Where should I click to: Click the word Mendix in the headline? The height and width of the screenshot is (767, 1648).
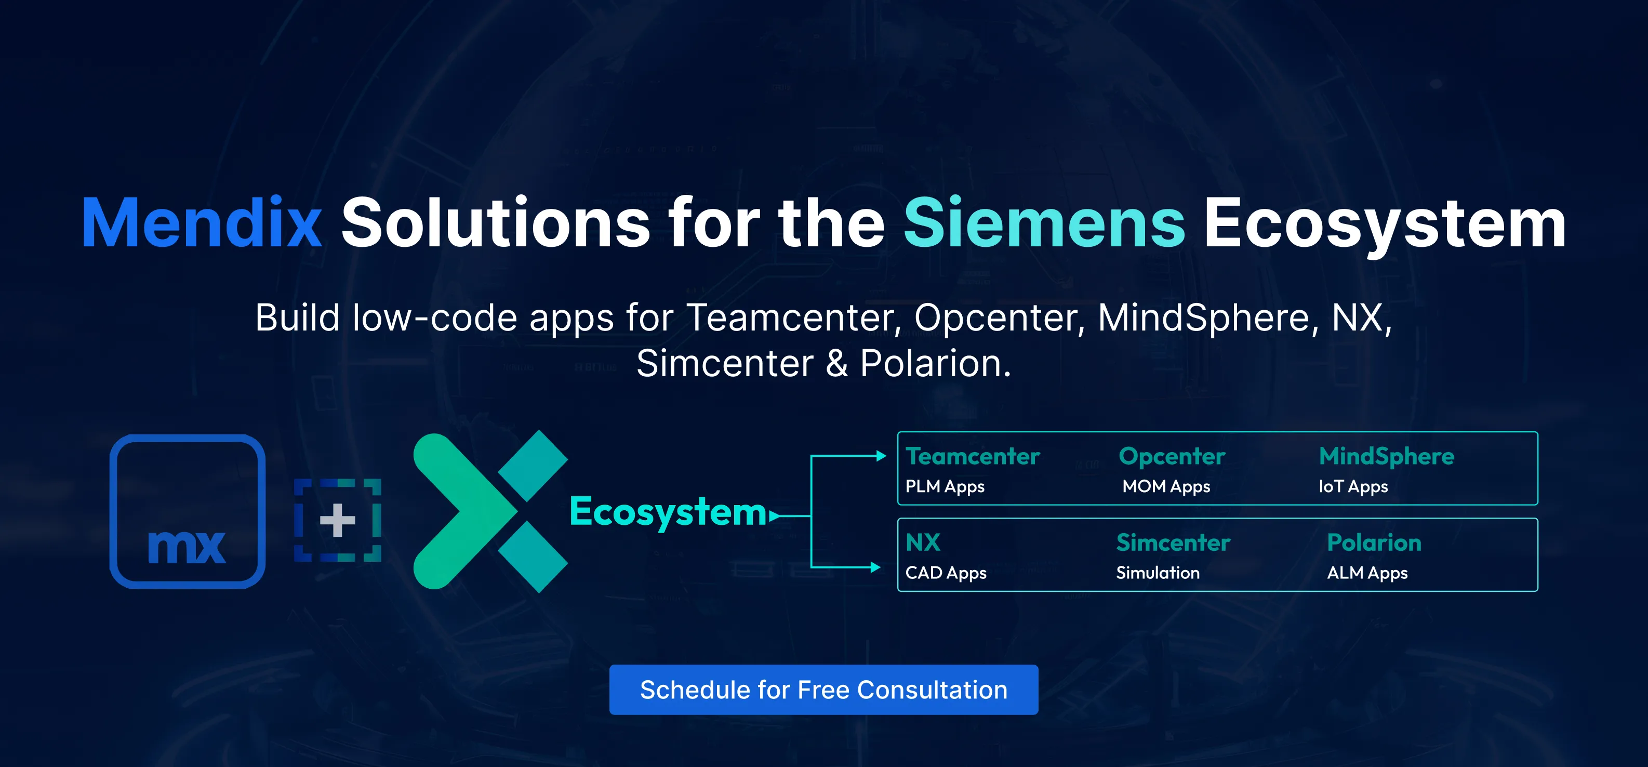[202, 223]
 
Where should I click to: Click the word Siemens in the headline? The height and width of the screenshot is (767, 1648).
[1044, 223]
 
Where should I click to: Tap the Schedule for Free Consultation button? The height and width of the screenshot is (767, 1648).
[823, 690]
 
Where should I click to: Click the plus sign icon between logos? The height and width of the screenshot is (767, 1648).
[338, 520]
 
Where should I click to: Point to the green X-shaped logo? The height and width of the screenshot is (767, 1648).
[490, 511]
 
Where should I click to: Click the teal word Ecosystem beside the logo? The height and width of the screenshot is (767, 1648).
[668, 513]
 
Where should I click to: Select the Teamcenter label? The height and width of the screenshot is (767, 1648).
[973, 456]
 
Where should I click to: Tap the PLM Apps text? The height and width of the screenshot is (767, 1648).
[945, 487]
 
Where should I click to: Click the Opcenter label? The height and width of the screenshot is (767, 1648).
[1172, 457]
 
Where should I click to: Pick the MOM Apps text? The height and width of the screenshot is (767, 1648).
[1166, 487]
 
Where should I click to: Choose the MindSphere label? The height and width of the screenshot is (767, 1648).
[1386, 457]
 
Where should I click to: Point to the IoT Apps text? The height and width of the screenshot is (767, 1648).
[1353, 487]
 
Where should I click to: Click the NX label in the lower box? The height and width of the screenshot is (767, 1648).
[923, 543]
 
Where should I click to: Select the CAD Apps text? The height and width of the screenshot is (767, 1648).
[946, 573]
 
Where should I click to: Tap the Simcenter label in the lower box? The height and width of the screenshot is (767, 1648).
[1173, 543]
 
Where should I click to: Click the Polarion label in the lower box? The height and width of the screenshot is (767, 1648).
[1374, 543]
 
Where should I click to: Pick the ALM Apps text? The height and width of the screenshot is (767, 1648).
[1367, 573]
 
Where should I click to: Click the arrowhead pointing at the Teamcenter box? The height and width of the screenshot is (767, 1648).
[881, 456]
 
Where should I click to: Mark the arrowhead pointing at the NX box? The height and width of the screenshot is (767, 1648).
[875, 567]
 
